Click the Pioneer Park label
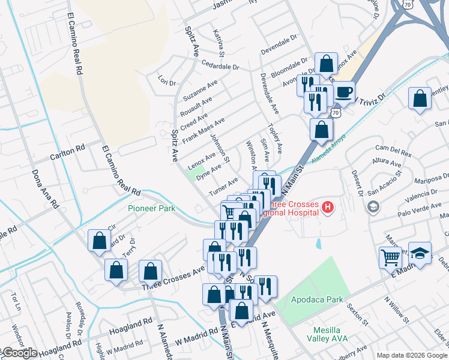pyautogui.click(x=151, y=209)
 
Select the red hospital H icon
pyautogui.click(x=328, y=208)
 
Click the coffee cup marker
pyautogui.click(x=343, y=92)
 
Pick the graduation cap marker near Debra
pyautogui.click(x=420, y=254)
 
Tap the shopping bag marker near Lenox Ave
pyautogui.click(x=325, y=64)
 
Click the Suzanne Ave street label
pyautogui.click(x=200, y=91)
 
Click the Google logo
pyautogui.click(x=19, y=353)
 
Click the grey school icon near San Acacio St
pyautogui.click(x=373, y=206)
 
